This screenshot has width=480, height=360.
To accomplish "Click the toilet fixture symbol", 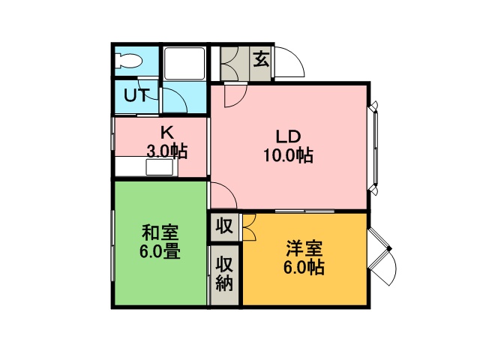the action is tap(128, 61).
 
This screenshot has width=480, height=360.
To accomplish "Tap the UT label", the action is tap(136, 95).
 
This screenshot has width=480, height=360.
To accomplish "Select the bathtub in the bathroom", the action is tap(184, 63).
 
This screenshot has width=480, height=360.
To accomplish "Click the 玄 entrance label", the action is tap(261, 59).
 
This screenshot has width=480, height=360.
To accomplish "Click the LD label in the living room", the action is tap(288, 136).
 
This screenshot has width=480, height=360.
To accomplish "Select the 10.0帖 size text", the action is tap(288, 155).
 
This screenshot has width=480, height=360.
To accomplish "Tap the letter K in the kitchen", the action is tap(167, 133).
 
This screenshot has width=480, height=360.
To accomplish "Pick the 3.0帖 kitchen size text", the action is tap(167, 151).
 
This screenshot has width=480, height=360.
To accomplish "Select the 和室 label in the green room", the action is tap(160, 233).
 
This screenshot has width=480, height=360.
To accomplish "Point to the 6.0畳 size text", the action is tap(160, 252).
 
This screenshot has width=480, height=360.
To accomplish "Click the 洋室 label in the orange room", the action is tap(304, 249).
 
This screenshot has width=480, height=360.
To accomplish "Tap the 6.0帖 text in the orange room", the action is tap(304, 268).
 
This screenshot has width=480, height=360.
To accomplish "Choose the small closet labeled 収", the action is tap(225, 226).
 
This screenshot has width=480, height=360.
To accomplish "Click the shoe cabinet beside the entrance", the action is tap(235, 64).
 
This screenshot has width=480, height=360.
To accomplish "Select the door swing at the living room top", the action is tap(235, 95).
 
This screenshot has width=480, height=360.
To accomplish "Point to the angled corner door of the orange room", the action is tap(382, 256).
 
